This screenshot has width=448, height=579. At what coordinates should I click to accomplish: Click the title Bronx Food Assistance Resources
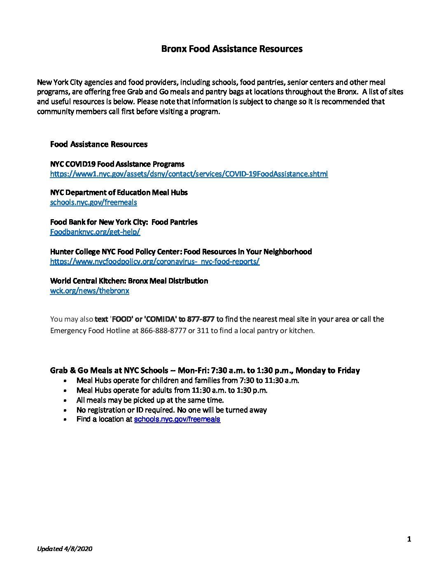[x=232, y=49]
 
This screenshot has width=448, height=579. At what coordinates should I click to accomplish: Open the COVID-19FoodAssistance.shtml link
[x=189, y=174]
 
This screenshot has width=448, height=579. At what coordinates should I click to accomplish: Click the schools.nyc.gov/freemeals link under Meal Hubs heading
[x=93, y=202]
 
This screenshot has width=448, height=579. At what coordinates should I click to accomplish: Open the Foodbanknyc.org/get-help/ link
[x=95, y=232]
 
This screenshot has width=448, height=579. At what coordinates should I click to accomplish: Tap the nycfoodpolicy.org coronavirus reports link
[x=155, y=262]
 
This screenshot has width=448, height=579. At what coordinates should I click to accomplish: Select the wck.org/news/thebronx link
[x=89, y=291]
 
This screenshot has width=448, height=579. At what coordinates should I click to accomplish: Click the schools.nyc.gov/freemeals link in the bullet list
[x=177, y=419]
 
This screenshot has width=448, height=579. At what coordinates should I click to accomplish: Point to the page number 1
[x=409, y=539]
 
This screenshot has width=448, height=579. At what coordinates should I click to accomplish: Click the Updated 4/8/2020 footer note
[x=65, y=549]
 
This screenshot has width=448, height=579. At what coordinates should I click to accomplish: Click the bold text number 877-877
[x=201, y=319]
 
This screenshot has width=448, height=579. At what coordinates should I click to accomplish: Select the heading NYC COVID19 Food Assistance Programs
[x=117, y=164]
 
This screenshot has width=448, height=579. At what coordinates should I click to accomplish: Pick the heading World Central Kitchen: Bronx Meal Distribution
[x=129, y=281]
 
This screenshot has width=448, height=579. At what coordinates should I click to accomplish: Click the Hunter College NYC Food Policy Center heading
[x=181, y=252]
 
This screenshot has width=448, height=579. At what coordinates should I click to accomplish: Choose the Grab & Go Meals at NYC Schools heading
[x=205, y=370]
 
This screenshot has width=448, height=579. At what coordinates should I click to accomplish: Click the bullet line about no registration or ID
[x=171, y=410]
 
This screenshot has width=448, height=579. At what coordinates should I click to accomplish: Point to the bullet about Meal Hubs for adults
[x=172, y=390]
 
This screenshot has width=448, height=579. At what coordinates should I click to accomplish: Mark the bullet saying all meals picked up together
[x=150, y=400]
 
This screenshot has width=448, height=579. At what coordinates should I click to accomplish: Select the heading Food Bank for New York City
[x=124, y=222]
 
